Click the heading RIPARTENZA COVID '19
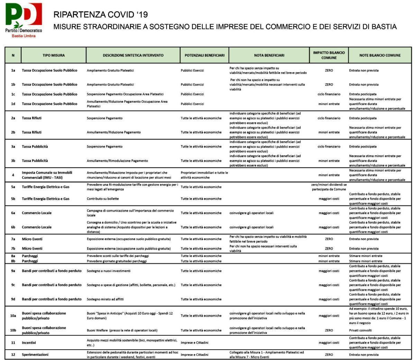tap(101, 15)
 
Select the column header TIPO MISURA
tap(54, 55)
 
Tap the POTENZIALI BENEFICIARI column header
tap(204, 55)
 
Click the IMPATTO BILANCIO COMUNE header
tap(329, 55)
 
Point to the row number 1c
tap(13, 94)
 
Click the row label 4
tap(13, 175)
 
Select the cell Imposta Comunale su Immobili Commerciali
tap(47, 175)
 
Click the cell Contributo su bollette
tap(103, 199)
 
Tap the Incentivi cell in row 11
tap(29, 343)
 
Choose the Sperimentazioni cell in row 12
tap(35, 354)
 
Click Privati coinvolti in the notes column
tap(360, 330)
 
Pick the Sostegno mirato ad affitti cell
tap(105, 299)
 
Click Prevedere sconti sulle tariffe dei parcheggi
tap(118, 256)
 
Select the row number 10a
tap(13, 316)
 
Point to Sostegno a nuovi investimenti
tap(109, 271)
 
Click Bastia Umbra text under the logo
tap(24, 36)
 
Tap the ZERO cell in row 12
tap(329, 354)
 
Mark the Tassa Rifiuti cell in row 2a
tap(31, 118)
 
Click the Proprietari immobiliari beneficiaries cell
tap(204, 175)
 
